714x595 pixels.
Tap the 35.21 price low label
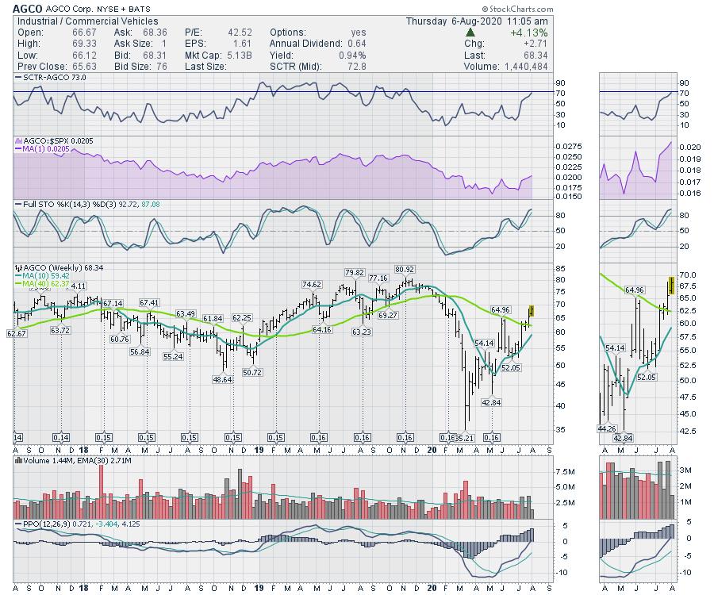point(463,437)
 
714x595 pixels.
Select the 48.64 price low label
point(223,380)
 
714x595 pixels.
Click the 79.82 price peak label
point(355,273)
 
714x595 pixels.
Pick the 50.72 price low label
point(252,372)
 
